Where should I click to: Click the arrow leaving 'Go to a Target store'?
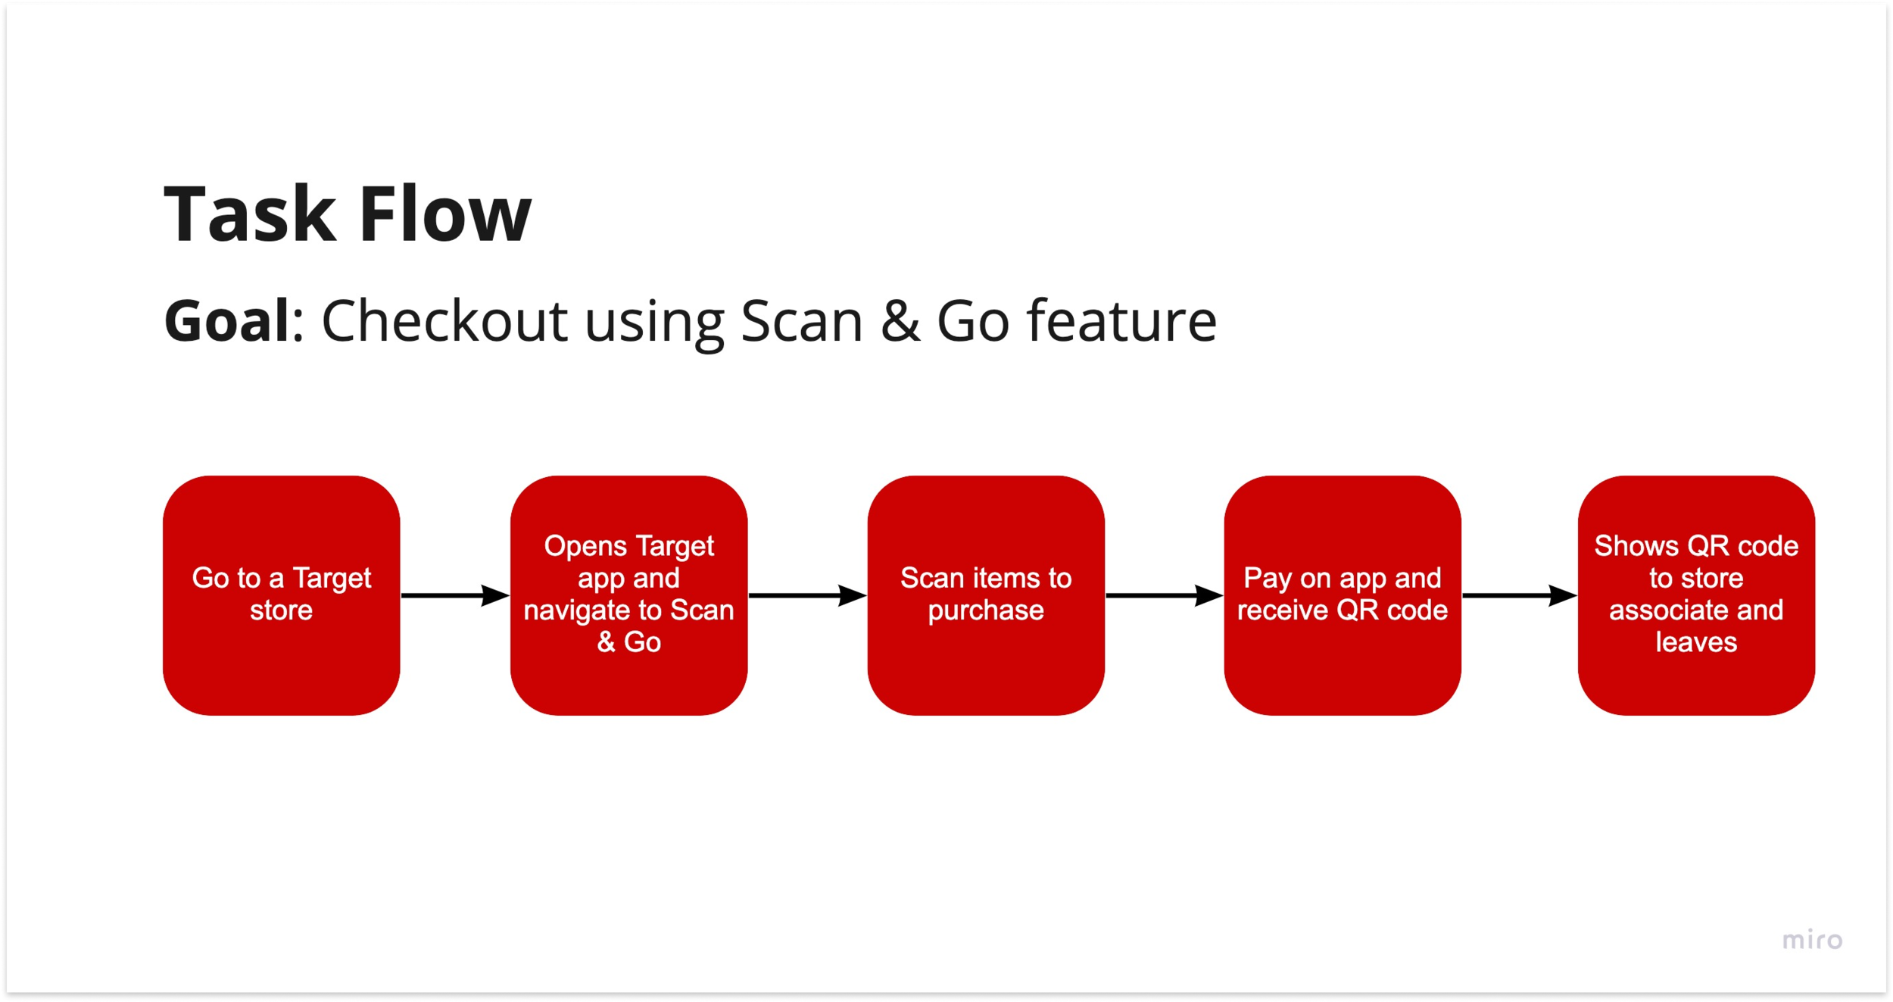[x=454, y=595]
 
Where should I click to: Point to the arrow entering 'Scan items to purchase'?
[x=806, y=595]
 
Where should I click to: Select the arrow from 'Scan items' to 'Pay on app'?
[x=1164, y=595]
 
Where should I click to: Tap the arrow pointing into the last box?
[x=1519, y=595]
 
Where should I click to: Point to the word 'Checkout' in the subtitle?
[x=444, y=321]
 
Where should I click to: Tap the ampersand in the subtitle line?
[x=900, y=321]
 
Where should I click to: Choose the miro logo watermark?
[x=1812, y=940]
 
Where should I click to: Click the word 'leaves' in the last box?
[x=1696, y=642]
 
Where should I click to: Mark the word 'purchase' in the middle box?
[x=986, y=610]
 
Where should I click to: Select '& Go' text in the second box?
[x=628, y=642]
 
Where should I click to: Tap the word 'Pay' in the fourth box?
[x=1267, y=579]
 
